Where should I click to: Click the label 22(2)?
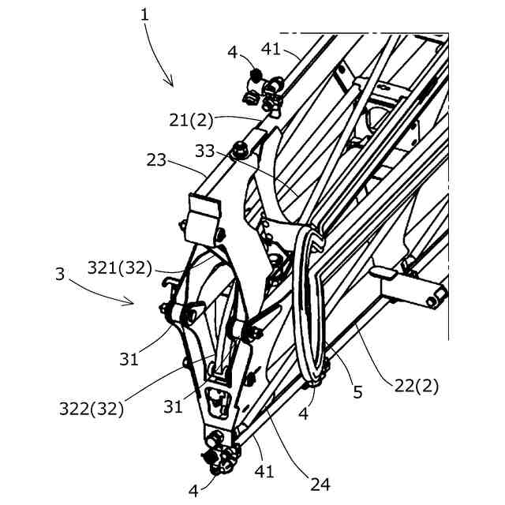click(x=417, y=386)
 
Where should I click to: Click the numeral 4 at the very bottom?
click(x=194, y=491)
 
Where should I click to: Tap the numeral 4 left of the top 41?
click(x=232, y=53)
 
